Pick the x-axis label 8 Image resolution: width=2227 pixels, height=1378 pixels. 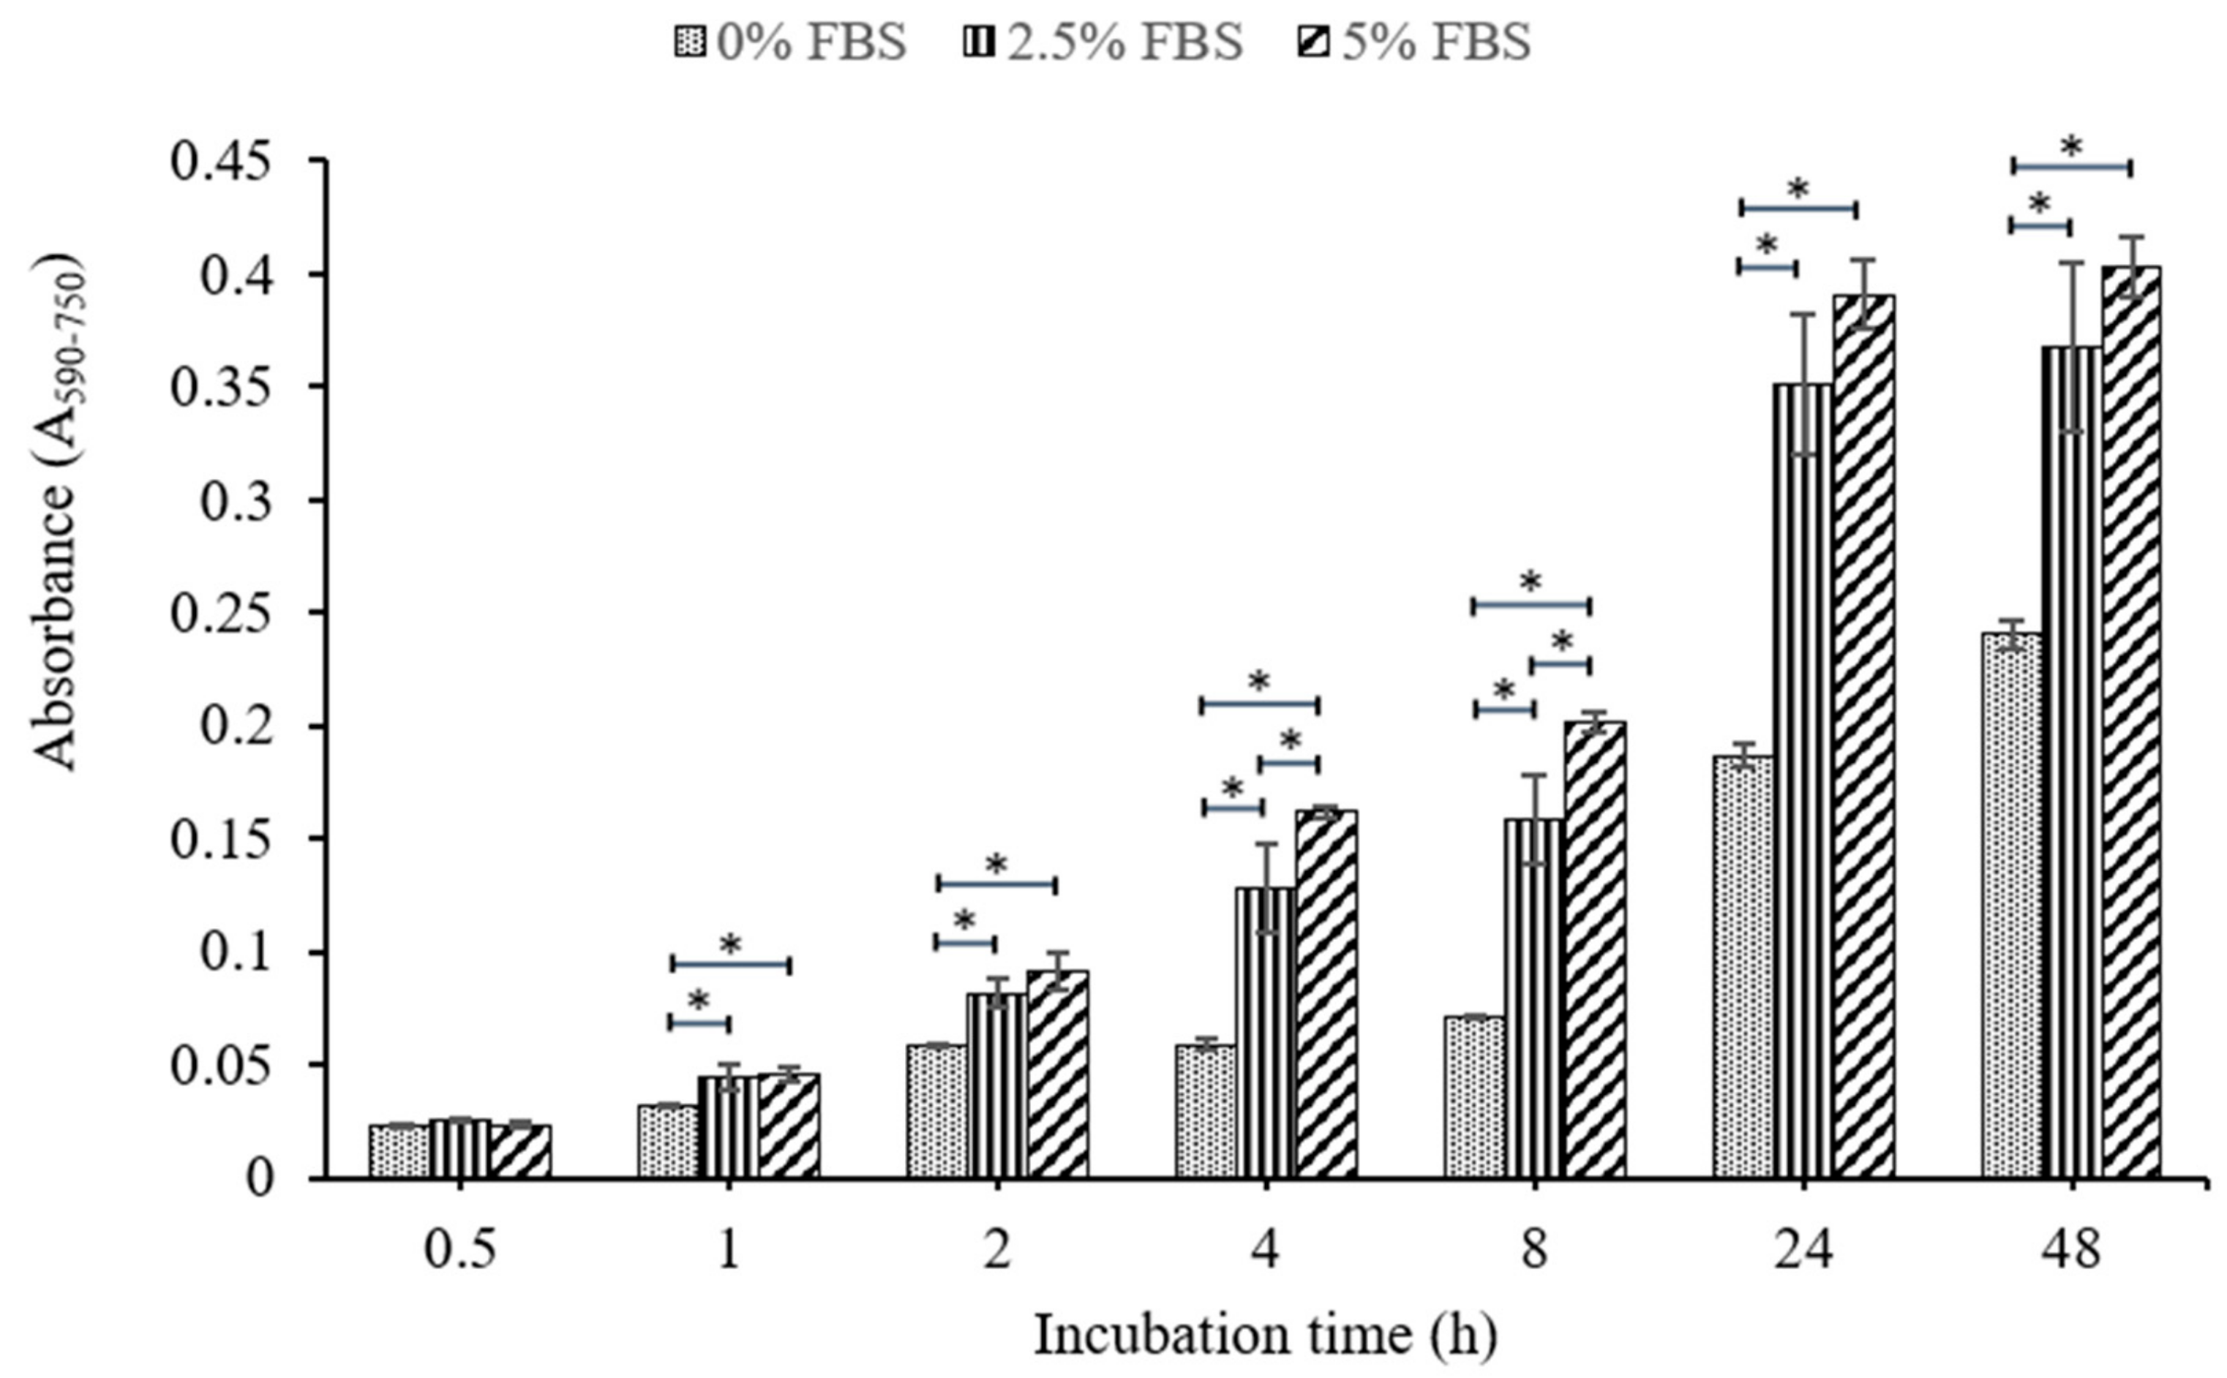1534,1251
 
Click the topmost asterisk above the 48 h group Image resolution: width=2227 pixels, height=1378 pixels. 2071,146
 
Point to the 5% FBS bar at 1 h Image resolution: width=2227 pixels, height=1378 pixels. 789,1126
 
